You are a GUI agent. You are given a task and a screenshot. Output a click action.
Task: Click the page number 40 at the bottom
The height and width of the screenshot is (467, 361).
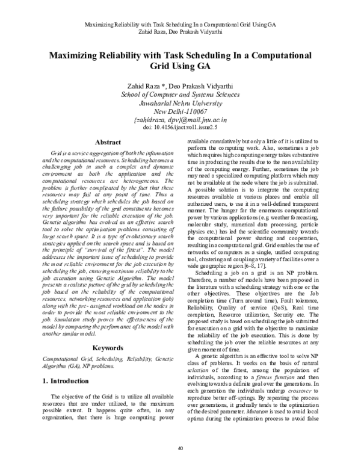click(180, 448)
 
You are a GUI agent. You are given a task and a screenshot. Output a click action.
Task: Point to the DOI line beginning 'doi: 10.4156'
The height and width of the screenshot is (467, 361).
click(180, 128)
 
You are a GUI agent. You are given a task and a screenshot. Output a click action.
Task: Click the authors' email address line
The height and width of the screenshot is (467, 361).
click(180, 120)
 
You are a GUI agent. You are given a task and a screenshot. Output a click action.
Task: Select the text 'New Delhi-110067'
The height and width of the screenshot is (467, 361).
click(180, 111)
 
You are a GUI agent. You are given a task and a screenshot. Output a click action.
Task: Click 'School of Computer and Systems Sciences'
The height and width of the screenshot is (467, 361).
click(180, 94)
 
